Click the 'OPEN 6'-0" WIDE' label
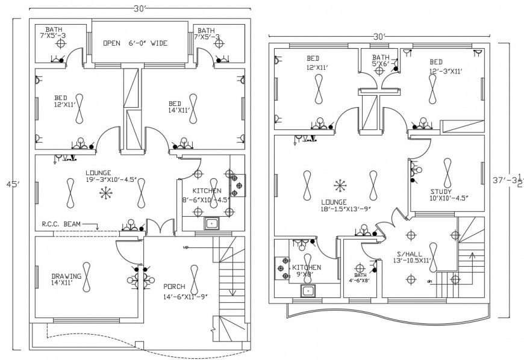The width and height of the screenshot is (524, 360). tap(134, 43)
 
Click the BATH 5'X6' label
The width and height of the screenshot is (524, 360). tap(381, 61)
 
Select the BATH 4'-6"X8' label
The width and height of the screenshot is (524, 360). tap(360, 277)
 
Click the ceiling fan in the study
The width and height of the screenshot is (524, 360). tap(448, 173)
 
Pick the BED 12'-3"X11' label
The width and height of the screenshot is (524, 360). tap(446, 66)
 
